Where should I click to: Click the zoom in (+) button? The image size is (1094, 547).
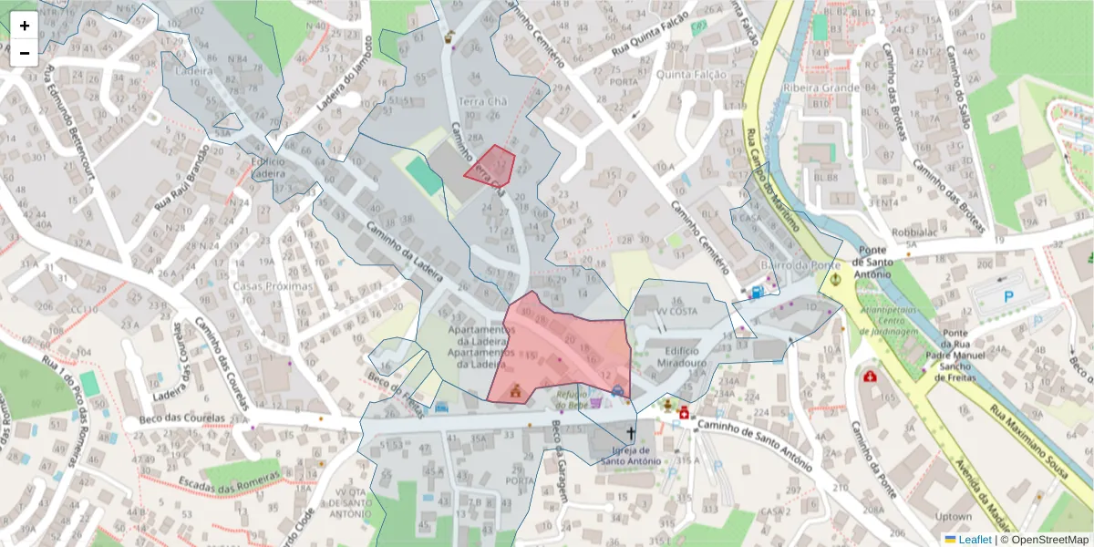[25, 26]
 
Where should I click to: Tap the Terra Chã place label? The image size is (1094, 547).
[482, 101]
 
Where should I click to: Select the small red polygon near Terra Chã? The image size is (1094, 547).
[491, 164]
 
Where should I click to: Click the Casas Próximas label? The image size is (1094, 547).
[273, 285]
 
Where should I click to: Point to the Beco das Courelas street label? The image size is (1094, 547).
[182, 419]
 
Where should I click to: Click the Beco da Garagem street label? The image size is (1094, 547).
[560, 472]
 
